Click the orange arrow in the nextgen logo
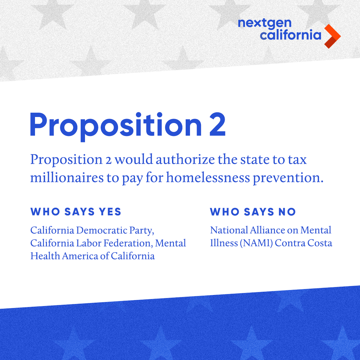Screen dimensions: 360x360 click(x=332, y=36)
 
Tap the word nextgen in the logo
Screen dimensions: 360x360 click(x=265, y=23)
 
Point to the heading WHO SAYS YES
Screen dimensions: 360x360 click(x=76, y=212)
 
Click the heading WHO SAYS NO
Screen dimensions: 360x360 click(x=253, y=212)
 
